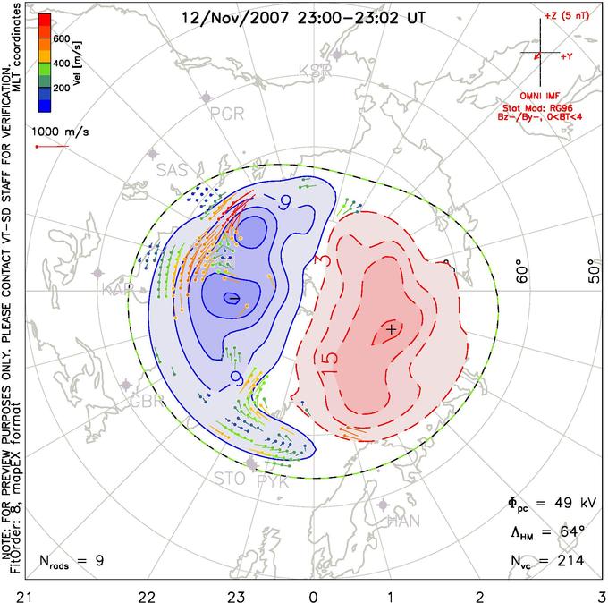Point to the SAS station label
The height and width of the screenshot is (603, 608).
click(x=173, y=169)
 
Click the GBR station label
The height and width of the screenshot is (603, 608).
click(x=147, y=401)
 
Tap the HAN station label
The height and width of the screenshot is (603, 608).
click(x=402, y=521)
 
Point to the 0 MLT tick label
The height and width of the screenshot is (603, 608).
click(x=313, y=594)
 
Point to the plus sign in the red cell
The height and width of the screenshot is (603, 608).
click(x=391, y=329)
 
